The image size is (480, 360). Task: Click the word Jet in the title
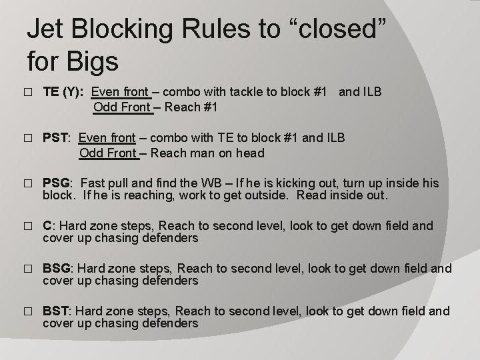tap(47, 31)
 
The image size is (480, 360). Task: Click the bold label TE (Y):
tap(63, 92)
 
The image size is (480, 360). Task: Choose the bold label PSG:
tap(58, 183)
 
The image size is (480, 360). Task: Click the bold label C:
tap(49, 225)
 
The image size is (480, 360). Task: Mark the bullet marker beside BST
tap(27, 312)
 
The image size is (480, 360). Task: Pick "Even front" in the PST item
tap(107, 138)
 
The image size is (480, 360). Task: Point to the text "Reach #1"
tap(192, 107)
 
